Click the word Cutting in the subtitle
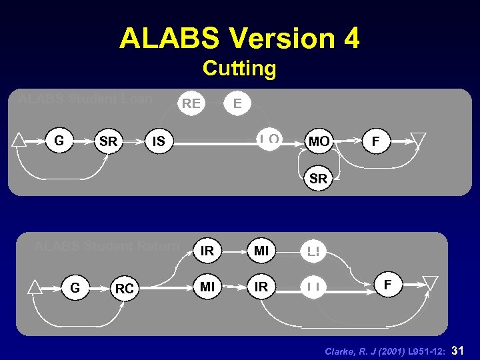[x=239, y=69]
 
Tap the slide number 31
[x=458, y=349]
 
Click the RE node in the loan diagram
[x=191, y=103]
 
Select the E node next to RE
[x=237, y=103]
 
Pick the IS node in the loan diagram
[x=159, y=141]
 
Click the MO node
[x=319, y=141]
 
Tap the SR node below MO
[x=319, y=179]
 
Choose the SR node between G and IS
[x=107, y=141]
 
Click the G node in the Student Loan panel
[x=59, y=141]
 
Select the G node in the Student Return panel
[x=75, y=288]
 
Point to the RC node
[x=124, y=289]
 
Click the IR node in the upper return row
[x=207, y=251]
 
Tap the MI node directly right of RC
[x=207, y=287]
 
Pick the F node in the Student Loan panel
[x=376, y=141]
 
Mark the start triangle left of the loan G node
[x=19, y=140]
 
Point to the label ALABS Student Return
[x=107, y=246]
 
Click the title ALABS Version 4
[x=239, y=39]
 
